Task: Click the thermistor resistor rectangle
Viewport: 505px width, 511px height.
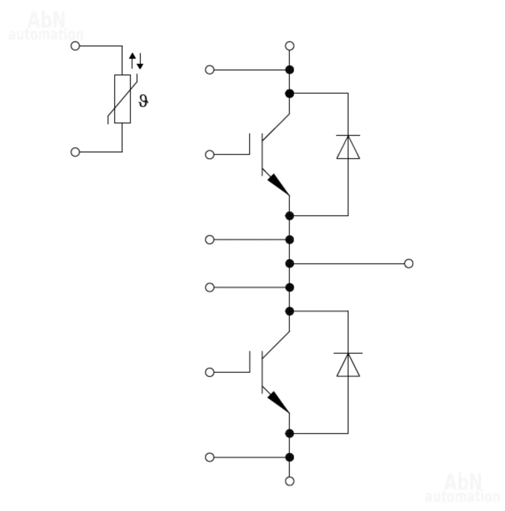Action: point(122,99)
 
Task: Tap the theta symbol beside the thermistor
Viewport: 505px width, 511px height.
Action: point(143,101)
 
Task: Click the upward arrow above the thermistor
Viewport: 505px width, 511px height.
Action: point(132,60)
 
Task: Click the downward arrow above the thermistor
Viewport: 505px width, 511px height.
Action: point(140,61)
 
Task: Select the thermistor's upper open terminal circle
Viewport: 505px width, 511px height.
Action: point(75,46)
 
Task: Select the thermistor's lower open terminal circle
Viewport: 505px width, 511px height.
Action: point(75,152)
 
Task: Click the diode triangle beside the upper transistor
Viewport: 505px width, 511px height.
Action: point(348,147)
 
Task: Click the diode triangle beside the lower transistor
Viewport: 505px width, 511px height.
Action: point(348,365)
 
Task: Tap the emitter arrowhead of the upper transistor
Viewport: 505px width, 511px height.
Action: point(278,184)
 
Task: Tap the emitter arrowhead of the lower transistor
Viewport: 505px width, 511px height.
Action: point(278,402)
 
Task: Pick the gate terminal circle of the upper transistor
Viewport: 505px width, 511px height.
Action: point(209,154)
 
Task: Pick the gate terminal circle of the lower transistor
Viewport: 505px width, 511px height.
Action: point(209,372)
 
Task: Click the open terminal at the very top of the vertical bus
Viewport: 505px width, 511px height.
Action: point(289,46)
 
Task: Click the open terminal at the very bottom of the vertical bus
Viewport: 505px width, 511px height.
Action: point(289,481)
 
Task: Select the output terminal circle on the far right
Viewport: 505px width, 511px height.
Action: point(408,263)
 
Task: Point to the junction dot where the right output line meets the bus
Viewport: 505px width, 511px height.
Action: point(289,263)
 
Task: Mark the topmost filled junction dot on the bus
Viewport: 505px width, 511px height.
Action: point(289,70)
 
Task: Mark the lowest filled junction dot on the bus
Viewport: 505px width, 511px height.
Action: point(289,457)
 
